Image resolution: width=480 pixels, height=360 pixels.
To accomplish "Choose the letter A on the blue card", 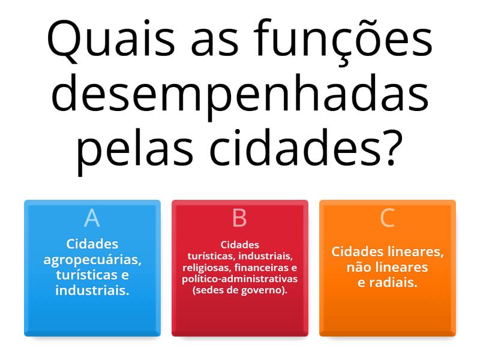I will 92,218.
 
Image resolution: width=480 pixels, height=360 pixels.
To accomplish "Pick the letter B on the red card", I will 239,218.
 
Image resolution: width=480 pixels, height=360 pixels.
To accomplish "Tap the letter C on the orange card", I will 388,218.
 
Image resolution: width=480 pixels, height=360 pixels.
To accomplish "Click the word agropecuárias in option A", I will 92,260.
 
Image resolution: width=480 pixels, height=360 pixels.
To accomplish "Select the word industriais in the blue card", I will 92,290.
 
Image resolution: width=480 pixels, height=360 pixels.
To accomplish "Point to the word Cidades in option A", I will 92,244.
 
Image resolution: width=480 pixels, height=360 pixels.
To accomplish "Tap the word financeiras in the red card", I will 260,268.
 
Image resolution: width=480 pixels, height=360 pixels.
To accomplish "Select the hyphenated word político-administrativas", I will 240,279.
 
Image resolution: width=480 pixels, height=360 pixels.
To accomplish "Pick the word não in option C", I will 359,267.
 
